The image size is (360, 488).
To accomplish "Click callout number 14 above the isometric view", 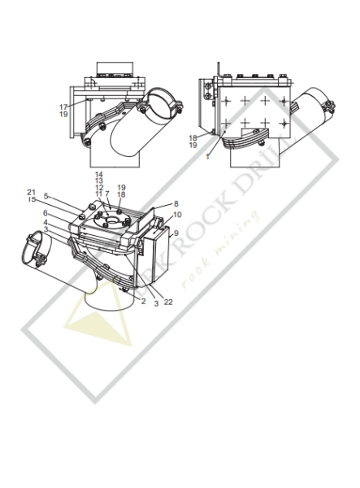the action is click(98, 175).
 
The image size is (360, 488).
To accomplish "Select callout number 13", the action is click(98, 181).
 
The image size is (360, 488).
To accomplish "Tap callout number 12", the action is click(98, 188).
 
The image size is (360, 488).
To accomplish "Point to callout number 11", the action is click(98, 194).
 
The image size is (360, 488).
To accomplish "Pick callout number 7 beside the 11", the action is click(106, 194).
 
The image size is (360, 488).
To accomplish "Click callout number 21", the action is click(54, 192).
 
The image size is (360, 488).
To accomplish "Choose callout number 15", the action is click(54, 199).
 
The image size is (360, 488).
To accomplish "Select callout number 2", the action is click(142, 301).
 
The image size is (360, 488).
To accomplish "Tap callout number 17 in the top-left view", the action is click(63, 106).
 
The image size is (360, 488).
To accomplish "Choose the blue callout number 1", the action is click(207, 155).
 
